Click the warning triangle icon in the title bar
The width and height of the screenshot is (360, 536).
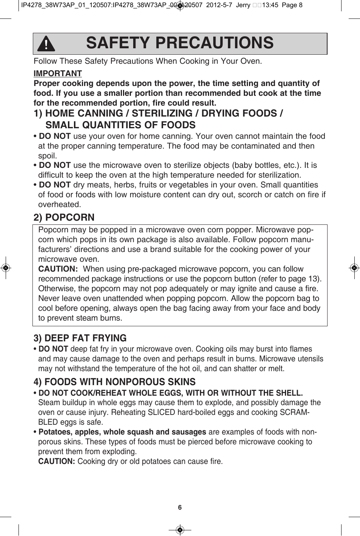click(46, 44)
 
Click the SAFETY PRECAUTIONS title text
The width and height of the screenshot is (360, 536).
click(180, 43)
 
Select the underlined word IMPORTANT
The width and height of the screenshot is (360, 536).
click(58, 74)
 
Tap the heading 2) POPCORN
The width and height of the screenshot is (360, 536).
click(64, 217)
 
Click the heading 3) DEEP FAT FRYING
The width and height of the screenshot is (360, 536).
click(80, 338)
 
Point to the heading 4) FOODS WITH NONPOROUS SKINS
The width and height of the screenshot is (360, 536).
click(114, 382)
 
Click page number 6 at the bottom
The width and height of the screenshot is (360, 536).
click(180, 507)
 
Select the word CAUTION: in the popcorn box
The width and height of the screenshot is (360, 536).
click(58, 269)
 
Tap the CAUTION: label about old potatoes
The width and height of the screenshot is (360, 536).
click(57, 461)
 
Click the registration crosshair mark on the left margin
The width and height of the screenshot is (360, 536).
click(5, 268)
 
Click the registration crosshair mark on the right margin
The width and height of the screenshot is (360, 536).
click(354, 268)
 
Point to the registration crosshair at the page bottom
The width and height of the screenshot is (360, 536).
click(180, 530)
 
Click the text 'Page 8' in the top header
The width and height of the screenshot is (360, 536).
click(292, 5)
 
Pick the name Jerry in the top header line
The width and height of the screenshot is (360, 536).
click(243, 5)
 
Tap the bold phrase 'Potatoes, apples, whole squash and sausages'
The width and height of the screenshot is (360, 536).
click(122, 432)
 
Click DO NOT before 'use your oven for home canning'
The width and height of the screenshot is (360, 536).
click(55, 136)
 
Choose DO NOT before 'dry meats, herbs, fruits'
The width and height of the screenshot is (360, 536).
click(55, 185)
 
